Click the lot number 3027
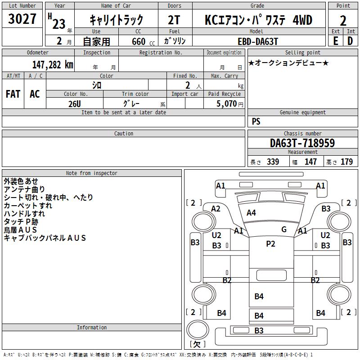point(22,19)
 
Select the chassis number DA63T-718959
point(302,143)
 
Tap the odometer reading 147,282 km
point(53,65)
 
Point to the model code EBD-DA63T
point(258,41)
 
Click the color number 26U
point(75,104)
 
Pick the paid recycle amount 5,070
point(226,103)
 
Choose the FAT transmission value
point(13,94)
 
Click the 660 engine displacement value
point(139,41)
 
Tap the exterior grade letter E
point(336,41)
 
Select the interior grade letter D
point(350,41)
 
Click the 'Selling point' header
point(302,52)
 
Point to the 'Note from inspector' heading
point(92,173)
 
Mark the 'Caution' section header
point(123,133)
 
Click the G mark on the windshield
point(284,229)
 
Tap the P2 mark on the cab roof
point(270,243)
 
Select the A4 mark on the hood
point(251,212)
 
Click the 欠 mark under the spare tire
point(197,344)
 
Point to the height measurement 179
point(346,162)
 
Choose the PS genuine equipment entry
point(256,121)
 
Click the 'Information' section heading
point(92,328)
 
